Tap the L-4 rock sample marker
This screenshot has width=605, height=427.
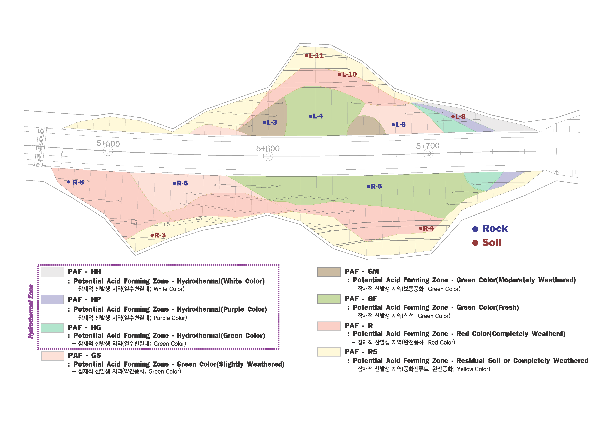tap(311, 116)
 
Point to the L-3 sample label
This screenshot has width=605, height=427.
tap(272, 123)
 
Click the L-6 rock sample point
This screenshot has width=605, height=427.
tap(393, 125)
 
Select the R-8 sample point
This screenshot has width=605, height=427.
tap(69, 182)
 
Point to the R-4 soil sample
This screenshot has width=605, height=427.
tap(420, 228)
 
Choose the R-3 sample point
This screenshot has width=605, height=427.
tap(152, 235)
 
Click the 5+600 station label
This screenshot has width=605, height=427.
tap(268, 149)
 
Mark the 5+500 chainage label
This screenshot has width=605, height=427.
tap(108, 144)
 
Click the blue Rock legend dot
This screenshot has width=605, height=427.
tap(475, 229)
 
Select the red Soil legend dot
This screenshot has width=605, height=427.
tap(475, 243)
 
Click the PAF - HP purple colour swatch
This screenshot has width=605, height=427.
tap(52, 299)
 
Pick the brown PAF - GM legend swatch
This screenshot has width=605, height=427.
tap(329, 272)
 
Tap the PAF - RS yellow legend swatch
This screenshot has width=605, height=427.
tap(329, 352)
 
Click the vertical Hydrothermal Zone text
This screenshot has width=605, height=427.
tap(31, 312)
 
